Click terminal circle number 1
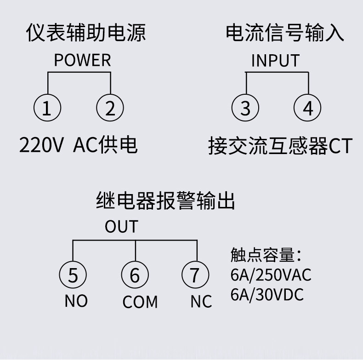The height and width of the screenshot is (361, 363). [x=47, y=109]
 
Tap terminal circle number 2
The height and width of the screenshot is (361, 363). [x=110, y=109]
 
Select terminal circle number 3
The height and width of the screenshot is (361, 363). [x=246, y=109]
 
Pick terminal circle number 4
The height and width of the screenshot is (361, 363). [x=308, y=109]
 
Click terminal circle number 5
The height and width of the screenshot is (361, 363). [x=73, y=275]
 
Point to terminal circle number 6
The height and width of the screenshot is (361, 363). [x=135, y=275]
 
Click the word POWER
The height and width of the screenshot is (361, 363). [x=82, y=60]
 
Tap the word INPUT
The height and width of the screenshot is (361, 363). [x=275, y=61]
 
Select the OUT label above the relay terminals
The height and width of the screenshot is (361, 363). [x=121, y=227]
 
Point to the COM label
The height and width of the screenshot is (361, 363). [x=140, y=302]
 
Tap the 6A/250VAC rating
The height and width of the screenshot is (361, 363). [x=271, y=275]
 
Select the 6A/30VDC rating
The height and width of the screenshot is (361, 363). [x=267, y=294]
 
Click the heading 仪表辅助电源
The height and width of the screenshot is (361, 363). [x=86, y=33]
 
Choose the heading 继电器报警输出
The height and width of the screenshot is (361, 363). [x=165, y=201]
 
